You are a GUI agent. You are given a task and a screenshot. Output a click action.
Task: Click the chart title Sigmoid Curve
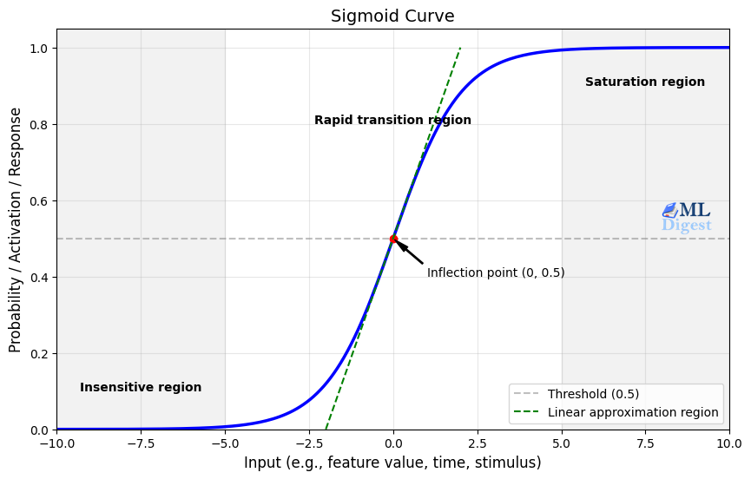point(392,16)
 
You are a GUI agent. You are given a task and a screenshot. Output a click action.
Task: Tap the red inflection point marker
point(393,239)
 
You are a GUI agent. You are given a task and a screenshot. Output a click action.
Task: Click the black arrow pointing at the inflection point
point(409,252)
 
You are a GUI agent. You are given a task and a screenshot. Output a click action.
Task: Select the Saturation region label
point(644,82)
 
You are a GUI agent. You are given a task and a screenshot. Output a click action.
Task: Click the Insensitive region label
point(141,388)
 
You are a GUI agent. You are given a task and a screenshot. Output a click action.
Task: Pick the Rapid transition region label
point(392,121)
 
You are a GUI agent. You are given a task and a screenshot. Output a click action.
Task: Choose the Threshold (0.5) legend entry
point(593,394)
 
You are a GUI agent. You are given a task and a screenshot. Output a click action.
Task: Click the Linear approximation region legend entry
point(633,413)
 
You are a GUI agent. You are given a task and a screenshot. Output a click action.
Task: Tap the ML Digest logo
point(686,217)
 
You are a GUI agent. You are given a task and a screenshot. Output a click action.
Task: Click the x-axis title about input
point(392,463)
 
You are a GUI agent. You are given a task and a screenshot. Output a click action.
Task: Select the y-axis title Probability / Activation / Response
point(16,229)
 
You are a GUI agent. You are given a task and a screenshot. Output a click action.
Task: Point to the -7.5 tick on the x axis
point(141,443)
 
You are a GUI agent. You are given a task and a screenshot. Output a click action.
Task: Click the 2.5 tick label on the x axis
point(478,443)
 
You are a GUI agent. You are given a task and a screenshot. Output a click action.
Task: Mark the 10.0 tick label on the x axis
point(729,443)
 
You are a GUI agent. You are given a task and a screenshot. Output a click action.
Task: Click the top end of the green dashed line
point(460,49)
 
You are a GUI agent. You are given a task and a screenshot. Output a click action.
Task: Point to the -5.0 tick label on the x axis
point(225,443)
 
